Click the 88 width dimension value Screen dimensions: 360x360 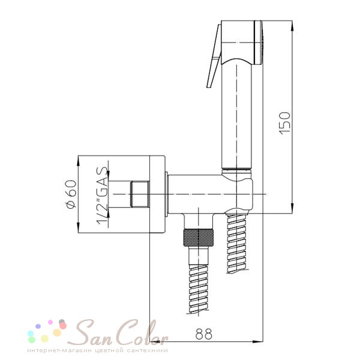point(203,334)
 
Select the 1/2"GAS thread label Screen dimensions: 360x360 point(102,196)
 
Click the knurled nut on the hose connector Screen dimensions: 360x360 point(198,238)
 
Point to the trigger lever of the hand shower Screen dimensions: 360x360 point(214,56)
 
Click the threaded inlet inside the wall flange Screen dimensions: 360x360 point(140,194)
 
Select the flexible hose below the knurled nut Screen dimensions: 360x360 point(199,289)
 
